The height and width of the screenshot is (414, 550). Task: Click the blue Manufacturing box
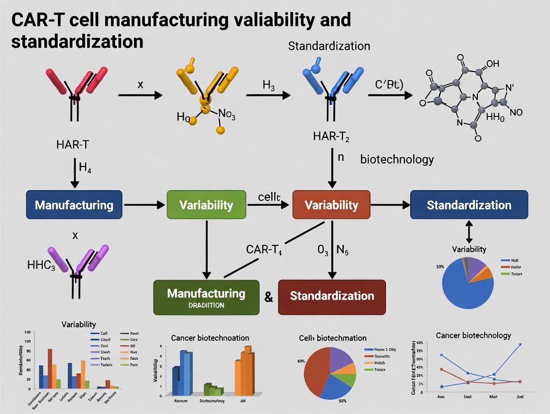(74, 205)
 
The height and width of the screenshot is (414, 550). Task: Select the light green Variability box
(206, 205)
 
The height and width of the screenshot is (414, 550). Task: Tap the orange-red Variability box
(331, 205)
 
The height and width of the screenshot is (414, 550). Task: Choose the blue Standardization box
(469, 205)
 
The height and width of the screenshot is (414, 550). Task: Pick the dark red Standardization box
(332, 297)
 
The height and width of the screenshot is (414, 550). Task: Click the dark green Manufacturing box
(206, 297)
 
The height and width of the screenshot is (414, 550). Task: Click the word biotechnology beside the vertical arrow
(397, 160)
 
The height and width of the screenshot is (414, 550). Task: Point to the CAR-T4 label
(264, 249)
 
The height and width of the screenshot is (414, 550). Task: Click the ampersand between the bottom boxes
(269, 298)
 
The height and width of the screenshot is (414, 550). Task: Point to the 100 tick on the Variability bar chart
(27, 332)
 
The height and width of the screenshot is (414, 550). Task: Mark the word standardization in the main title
(77, 41)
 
